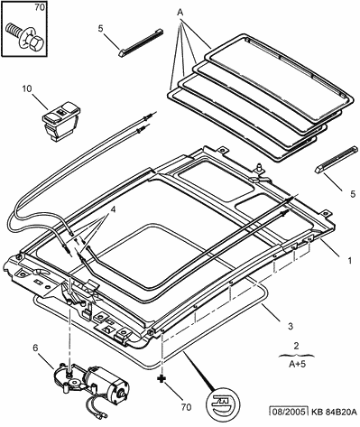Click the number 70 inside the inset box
click(x=39, y=8)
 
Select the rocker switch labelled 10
click(x=60, y=120)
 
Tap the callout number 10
click(x=27, y=88)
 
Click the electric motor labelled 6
click(x=91, y=383)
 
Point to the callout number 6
click(x=35, y=348)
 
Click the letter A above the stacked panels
click(x=180, y=13)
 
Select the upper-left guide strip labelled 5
click(x=141, y=42)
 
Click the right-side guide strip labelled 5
click(x=337, y=159)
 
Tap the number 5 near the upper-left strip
click(x=100, y=28)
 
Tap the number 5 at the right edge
click(x=352, y=194)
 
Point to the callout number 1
click(x=349, y=261)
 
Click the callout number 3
click(x=290, y=326)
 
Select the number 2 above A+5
click(x=296, y=346)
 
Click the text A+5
click(x=297, y=364)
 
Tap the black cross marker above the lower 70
click(x=162, y=378)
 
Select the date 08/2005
click(x=289, y=412)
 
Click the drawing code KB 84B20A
click(x=334, y=412)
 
